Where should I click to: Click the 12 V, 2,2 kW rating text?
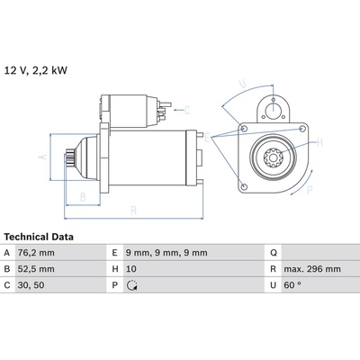pos(36,70)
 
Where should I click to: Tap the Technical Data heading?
pos(39,237)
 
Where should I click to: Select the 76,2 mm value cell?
pos(36,253)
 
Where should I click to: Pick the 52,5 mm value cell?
pos(36,269)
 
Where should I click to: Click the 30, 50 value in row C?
pos(31,285)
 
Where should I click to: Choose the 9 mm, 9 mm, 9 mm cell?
pos(166,253)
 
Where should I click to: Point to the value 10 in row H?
pos(131,269)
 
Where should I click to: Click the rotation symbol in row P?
pos(132,285)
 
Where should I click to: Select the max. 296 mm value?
pos(312,269)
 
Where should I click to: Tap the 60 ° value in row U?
pos(292,285)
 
